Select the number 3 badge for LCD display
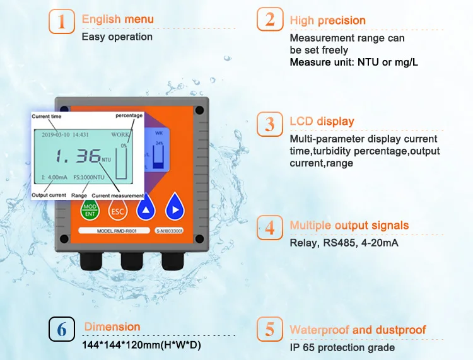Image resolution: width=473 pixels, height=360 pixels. pos(269,124)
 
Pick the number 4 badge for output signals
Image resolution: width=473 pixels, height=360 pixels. pos(269,227)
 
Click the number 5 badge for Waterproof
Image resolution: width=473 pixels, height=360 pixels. pos(269,330)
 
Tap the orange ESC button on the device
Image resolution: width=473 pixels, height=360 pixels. pos(117,211)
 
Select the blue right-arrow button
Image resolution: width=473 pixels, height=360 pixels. pos(173,207)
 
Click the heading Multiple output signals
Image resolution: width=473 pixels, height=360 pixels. pos(349,225)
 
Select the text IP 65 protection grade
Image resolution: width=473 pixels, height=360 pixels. pos(342,347)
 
